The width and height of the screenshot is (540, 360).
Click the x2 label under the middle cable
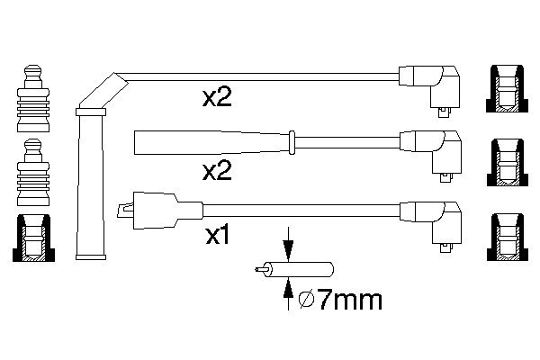point(217,169)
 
